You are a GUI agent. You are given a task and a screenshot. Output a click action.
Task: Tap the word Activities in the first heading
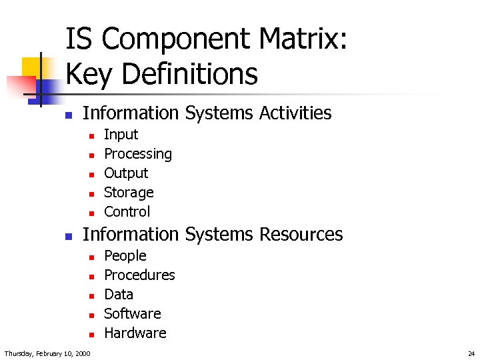click(295, 113)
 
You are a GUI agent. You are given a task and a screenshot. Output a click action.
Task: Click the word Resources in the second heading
click(301, 234)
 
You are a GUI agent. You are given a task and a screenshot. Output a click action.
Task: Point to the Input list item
click(121, 135)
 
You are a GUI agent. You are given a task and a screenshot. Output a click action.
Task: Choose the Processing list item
click(138, 154)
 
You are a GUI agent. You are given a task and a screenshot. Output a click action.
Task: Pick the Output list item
click(126, 173)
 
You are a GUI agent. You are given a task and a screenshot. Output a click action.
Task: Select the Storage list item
click(129, 193)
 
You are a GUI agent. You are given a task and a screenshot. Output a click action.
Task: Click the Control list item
click(127, 212)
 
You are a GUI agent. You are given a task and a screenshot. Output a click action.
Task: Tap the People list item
click(125, 256)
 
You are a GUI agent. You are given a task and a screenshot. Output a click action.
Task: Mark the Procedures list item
click(139, 275)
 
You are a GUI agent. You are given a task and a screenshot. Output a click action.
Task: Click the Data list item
click(119, 295)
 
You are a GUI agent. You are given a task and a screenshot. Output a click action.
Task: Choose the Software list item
click(133, 314)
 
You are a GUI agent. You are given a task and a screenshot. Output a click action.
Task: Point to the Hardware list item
click(135, 333)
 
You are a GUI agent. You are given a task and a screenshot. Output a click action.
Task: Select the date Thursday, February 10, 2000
click(47, 353)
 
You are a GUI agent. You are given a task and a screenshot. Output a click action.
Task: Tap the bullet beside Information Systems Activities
click(68, 115)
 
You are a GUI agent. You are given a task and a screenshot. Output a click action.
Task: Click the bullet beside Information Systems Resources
click(68, 236)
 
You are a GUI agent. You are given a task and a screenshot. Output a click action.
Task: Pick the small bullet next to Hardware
click(91, 335)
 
